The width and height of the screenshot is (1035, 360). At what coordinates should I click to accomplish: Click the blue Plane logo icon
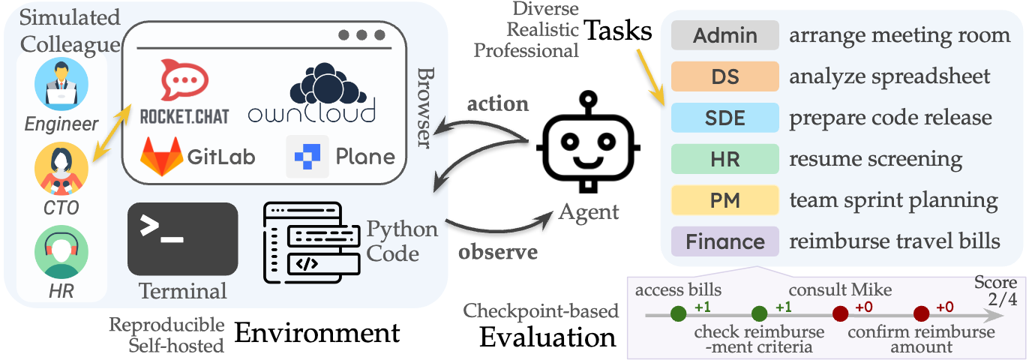307,156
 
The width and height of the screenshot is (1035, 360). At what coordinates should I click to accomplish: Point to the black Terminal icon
183,238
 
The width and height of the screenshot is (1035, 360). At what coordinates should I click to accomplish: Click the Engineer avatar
61,84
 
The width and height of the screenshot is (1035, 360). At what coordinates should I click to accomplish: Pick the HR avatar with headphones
61,253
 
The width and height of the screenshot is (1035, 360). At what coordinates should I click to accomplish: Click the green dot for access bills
679,314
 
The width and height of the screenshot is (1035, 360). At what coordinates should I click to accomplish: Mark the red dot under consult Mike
840,314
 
